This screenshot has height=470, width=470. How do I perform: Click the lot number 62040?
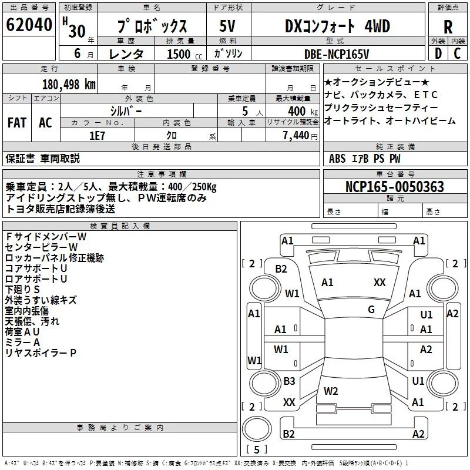29,25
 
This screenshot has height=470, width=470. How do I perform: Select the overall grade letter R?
448,27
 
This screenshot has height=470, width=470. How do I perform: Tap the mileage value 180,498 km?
69,85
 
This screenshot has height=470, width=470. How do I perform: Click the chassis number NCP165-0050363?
394,186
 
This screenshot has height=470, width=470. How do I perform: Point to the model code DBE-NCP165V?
336,54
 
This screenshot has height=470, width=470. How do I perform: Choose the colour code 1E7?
97,136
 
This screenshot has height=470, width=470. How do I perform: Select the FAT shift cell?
17,123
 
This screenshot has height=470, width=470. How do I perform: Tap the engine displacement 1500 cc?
184,54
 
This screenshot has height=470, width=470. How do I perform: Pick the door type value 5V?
227,26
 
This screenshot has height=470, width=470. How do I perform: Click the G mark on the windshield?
371,310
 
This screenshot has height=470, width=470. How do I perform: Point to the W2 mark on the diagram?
331,391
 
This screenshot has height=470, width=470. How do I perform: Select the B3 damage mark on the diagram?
289,381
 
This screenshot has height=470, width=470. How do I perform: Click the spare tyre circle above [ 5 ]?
257,429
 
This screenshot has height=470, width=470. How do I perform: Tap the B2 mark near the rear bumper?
288,434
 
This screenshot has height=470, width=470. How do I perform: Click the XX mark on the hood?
380,283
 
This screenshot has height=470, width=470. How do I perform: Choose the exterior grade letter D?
438,53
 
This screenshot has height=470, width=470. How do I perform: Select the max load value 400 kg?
303,112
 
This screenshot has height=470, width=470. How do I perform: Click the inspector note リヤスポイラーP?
41,353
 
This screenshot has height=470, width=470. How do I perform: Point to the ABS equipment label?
337,159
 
